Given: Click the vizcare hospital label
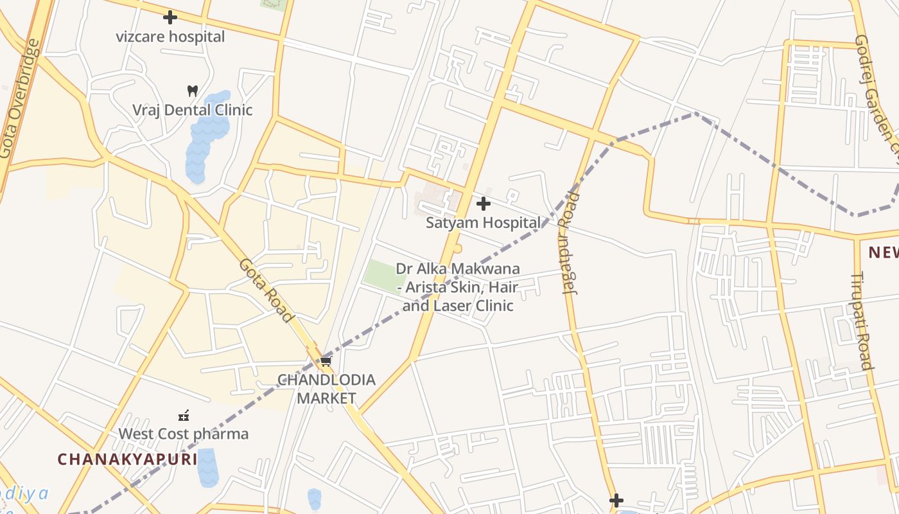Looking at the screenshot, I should coord(170,37).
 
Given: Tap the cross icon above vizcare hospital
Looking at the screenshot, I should coord(170,17).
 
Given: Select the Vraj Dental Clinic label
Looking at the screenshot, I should coord(192,110).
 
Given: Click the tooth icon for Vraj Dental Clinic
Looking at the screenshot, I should coord(192,91).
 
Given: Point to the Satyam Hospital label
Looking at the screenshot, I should coord(483,223).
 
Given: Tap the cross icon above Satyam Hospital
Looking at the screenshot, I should coord(484,204).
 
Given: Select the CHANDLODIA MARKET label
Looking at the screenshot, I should coord(326,389).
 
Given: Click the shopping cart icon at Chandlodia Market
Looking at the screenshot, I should coord(326,361).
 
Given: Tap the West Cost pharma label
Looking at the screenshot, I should coord(183,434).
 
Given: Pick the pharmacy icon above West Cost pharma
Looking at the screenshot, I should coord(184,415).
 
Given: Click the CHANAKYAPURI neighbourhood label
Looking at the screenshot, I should coord(127,459).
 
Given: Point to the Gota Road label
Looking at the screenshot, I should coord(266,290).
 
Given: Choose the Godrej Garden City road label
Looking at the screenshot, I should coord(877,90).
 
